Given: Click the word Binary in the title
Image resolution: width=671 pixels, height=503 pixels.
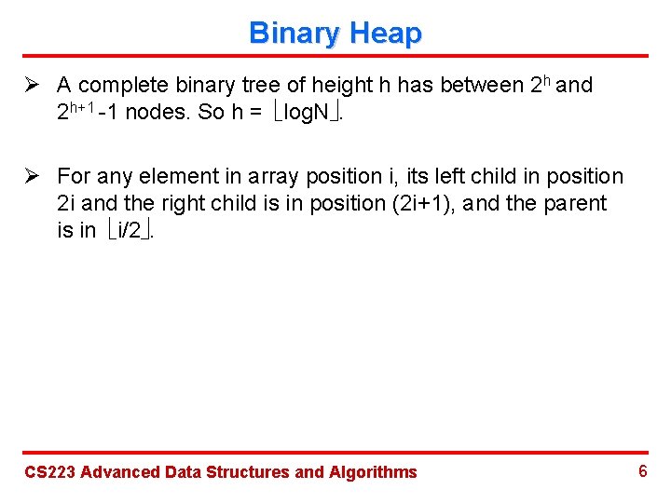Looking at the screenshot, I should click(x=290, y=34).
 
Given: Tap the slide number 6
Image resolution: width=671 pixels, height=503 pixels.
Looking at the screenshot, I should click(x=642, y=470).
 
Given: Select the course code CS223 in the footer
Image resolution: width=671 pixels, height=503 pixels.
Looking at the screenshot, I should click(x=48, y=472).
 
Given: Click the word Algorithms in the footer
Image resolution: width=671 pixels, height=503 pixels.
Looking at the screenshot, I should click(x=373, y=472).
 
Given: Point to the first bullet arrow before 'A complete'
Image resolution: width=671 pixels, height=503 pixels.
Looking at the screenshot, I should click(x=34, y=86).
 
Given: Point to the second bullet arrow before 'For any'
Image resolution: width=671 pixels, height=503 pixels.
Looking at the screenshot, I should click(x=34, y=176).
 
